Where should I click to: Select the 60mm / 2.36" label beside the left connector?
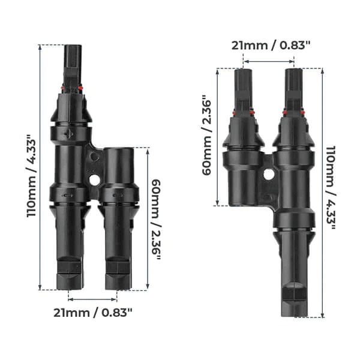pyautogui.click(x=155, y=219)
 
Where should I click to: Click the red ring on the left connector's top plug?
pyautogui.click(x=72, y=89)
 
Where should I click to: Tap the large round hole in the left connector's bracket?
pyautogui.click(x=94, y=179)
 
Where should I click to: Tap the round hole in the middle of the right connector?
pyautogui.click(x=268, y=175)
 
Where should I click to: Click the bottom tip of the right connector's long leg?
pyautogui.click(x=294, y=314)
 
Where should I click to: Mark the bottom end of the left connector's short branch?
pyautogui.click(x=118, y=287)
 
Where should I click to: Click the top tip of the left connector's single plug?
pyautogui.click(x=72, y=47)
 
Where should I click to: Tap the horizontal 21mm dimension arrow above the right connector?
pyautogui.click(x=268, y=61)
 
